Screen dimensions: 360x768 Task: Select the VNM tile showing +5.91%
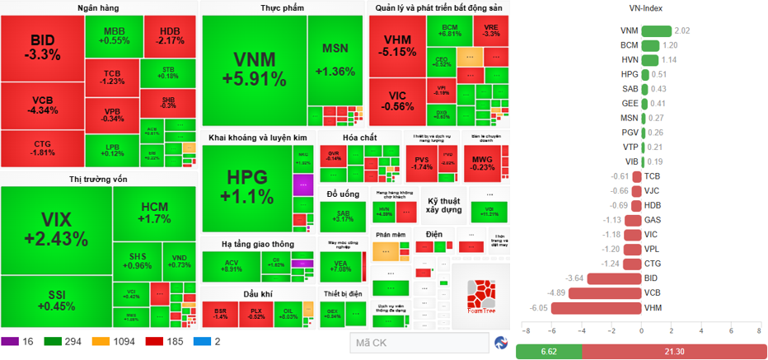[x=254, y=69]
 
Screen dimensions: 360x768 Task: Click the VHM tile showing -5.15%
[x=397, y=46]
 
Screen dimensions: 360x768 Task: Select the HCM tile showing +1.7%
[x=155, y=212]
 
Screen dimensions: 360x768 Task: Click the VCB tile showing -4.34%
[x=42, y=105]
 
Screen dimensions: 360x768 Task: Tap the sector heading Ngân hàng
[x=98, y=7]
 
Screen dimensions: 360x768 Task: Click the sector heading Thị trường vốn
[x=98, y=179]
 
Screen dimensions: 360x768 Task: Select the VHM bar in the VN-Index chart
[x=597, y=308]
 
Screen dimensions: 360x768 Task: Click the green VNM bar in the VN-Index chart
[x=656, y=30]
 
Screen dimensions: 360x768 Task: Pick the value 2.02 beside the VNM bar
[x=682, y=30]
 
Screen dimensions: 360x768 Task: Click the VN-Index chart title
[x=639, y=7]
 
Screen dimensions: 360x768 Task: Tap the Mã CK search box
[x=416, y=342]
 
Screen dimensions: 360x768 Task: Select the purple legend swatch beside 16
[x=10, y=341]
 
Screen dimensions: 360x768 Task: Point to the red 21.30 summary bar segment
[x=671, y=352]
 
